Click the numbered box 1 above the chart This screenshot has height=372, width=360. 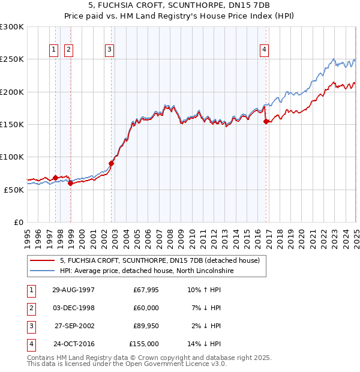coord(54,50)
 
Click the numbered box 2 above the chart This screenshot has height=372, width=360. coord(69,50)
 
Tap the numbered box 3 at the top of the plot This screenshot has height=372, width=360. coord(110,50)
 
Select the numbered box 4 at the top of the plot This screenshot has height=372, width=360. coord(264,50)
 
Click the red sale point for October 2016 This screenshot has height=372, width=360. coord(266,121)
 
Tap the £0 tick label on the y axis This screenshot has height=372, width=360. coord(18,222)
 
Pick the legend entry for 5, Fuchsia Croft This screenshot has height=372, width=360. coord(159,260)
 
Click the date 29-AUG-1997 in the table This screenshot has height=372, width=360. coord(74,290)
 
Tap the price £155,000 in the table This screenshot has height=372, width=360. coord(144,344)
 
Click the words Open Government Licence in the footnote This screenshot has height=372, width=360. coord(169,364)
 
